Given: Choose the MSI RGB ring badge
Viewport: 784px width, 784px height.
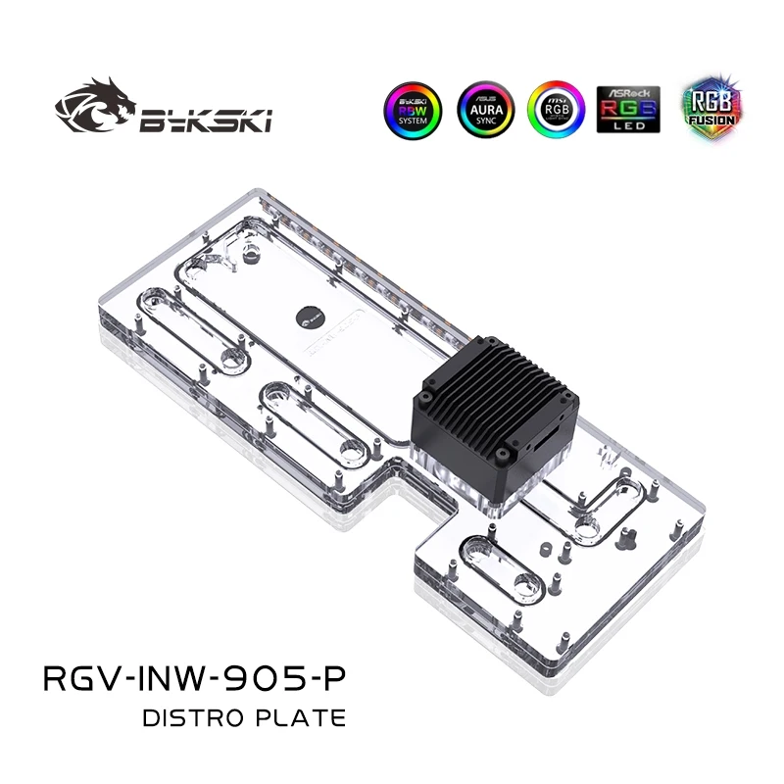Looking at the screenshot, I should point(556,110).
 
